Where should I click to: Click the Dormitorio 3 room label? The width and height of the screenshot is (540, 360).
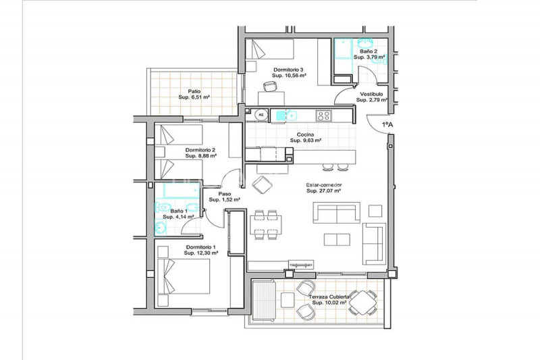pos(289,70)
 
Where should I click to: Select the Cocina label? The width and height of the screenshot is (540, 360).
pos(306,134)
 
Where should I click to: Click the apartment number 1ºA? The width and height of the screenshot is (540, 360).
pos(387,125)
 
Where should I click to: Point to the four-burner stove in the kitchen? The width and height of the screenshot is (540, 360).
pos(324,115)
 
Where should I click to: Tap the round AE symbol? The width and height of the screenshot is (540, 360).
pos(261,115)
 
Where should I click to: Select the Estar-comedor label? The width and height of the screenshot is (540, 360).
pos(324,185)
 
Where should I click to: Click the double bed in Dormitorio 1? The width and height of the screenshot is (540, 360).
pos(184,276)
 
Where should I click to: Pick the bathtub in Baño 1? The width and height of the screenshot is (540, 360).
pos(182,190)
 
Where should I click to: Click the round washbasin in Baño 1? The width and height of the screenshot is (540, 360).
pos(160,227)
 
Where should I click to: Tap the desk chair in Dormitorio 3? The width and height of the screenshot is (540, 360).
pos(270,86)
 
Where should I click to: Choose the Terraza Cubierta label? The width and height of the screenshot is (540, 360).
pos(329,297)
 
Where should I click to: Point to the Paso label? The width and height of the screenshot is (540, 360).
pos(225,194)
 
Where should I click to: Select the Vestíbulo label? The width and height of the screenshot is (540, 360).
pos(372,94)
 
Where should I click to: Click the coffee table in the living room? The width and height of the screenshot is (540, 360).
pos(337,240)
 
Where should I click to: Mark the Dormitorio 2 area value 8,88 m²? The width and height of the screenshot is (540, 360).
pos(200,156)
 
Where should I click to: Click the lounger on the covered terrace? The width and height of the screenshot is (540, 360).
pos(264,301)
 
